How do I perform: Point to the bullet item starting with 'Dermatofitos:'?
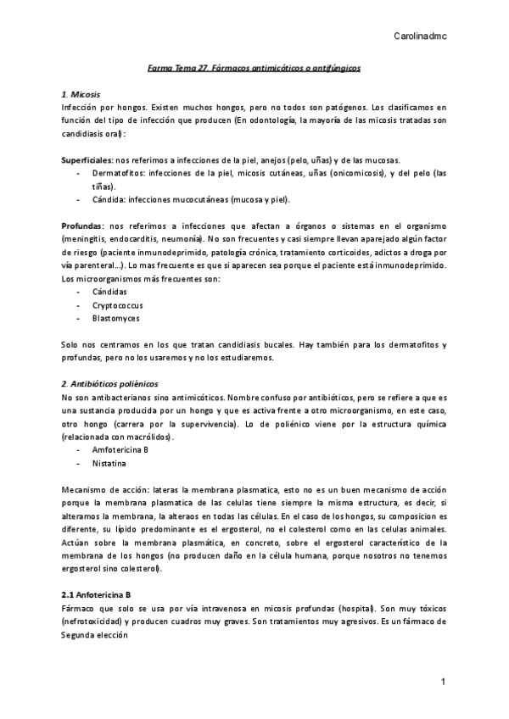pos(115,173)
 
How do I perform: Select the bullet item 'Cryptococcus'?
pos(116,304)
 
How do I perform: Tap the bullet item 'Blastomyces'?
pos(116,318)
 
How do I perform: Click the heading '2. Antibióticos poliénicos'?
pos(110,384)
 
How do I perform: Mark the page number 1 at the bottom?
pos(442,682)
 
